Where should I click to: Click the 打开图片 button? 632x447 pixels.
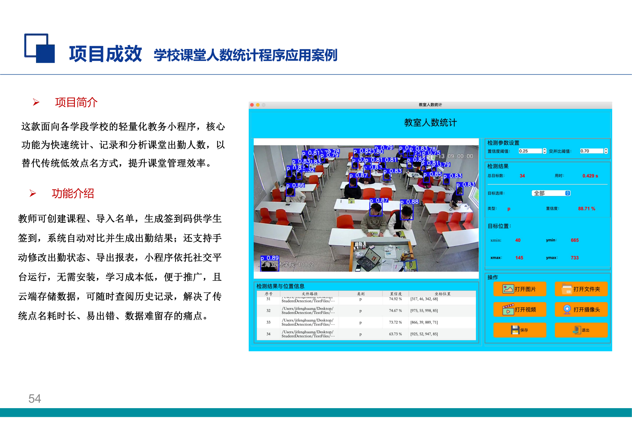(519, 289)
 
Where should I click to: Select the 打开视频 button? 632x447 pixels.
(519, 310)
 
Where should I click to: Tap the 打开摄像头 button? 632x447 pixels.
(581, 310)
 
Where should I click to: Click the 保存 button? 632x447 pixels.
(519, 330)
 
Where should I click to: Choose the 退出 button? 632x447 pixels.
(581, 330)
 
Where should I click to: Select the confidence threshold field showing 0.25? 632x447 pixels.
(530, 151)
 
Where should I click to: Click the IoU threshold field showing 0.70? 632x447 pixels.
(591, 151)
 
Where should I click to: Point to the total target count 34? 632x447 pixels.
(522, 176)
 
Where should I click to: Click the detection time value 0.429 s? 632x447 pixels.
(590, 176)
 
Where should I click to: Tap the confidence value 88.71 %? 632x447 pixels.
(586, 209)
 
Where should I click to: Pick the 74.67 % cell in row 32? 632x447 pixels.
(395, 311)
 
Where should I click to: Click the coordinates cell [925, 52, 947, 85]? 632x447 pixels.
(424, 334)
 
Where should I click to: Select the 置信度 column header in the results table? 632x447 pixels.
(396, 294)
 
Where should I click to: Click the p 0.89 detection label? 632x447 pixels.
(270, 258)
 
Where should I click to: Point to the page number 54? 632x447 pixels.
(35, 399)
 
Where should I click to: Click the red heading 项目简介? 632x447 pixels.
(76, 102)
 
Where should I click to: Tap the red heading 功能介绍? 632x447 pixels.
(73, 194)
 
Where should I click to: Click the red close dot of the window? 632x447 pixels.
(252, 105)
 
